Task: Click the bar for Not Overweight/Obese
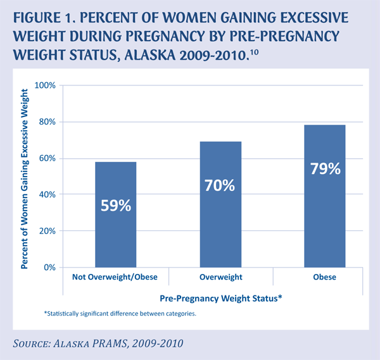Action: point(116,214)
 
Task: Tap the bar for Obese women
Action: point(325,196)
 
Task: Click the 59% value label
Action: point(116,206)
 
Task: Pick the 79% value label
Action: point(325,169)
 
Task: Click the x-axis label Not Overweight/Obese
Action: point(116,277)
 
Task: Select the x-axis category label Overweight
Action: point(220,277)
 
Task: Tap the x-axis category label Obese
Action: point(325,277)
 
